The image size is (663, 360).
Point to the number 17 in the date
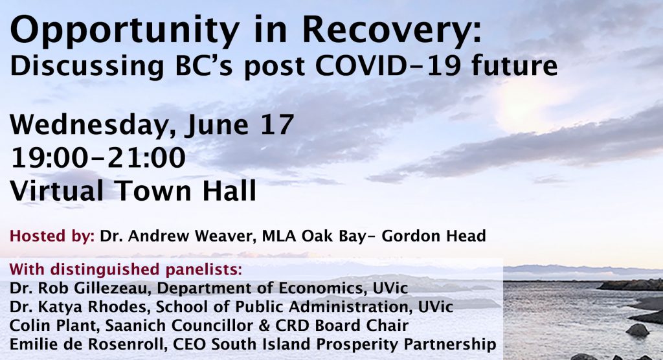point(277,124)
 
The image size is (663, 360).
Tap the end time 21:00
point(146,158)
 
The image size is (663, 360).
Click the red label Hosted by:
point(52,236)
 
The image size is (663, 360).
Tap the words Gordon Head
point(434,236)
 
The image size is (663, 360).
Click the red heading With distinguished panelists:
point(126,269)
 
